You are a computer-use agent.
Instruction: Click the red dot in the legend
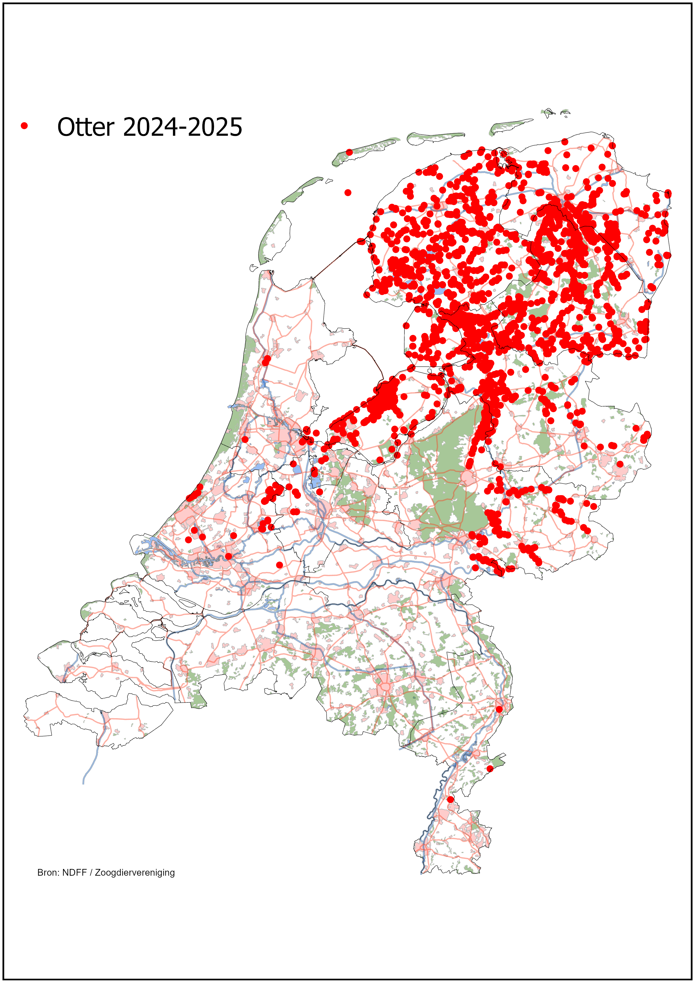[x=24, y=126]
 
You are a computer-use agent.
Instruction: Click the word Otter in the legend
[x=86, y=127]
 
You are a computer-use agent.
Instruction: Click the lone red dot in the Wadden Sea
[x=348, y=193]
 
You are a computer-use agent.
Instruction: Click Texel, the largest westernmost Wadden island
[x=274, y=238]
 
